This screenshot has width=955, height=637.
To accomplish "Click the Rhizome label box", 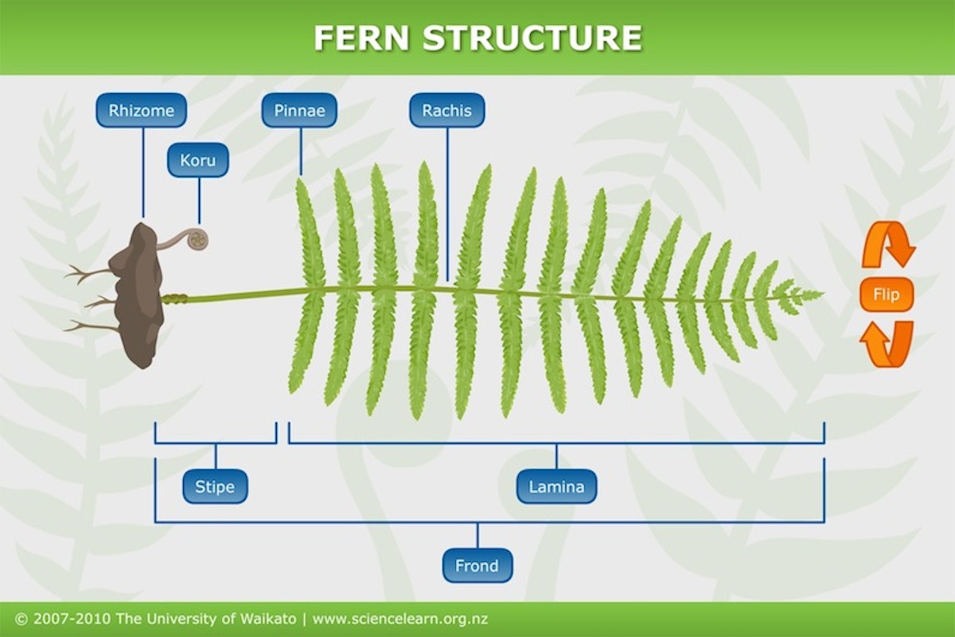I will click(142, 111).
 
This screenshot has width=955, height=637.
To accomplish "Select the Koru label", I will click(197, 160).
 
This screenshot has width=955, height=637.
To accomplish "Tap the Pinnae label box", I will click(299, 111).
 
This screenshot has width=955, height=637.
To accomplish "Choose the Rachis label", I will click(446, 111).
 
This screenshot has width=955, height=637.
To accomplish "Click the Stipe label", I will click(215, 487).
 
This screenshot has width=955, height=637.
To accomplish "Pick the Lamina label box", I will click(556, 487).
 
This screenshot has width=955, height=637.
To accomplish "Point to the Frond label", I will click(477, 566).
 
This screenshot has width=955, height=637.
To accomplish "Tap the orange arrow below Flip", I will click(886, 344).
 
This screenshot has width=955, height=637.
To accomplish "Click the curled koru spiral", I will click(197, 238).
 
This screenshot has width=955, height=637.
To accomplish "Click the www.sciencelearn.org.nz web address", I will click(400, 619).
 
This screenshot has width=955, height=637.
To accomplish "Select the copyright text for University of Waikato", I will click(156, 619).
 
